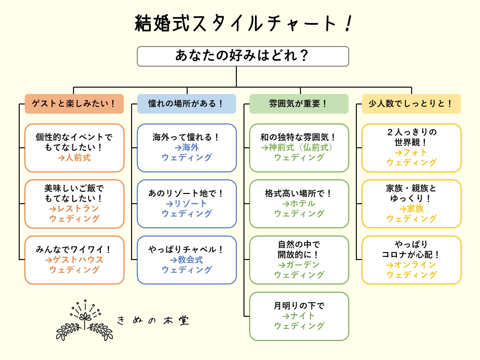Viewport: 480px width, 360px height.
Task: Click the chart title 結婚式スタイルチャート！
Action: click(243, 23)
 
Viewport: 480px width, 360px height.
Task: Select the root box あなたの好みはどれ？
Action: click(243, 56)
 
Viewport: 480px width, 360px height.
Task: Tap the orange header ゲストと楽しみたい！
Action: click(74, 104)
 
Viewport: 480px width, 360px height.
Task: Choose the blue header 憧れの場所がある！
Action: click(186, 104)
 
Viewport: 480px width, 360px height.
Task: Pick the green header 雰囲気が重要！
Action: click(299, 104)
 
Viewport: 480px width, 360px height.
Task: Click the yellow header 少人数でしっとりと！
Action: click(411, 104)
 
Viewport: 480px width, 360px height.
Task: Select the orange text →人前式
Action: click(74, 158)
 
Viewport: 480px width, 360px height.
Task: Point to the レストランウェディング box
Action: click(74, 204)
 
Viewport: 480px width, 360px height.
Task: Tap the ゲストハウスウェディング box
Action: click(74, 260)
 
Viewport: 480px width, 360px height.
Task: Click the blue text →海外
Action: click(187, 147)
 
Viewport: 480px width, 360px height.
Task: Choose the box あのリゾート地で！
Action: click(187, 204)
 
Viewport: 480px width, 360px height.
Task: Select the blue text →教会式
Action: click(187, 260)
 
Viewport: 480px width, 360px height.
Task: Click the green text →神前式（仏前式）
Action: click(297, 147)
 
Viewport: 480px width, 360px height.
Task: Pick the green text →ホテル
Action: click(299, 203)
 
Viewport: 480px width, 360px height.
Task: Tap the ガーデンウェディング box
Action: click(299, 260)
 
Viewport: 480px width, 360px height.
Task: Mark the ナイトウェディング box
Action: click(299, 316)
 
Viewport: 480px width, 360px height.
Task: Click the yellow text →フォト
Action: click(411, 153)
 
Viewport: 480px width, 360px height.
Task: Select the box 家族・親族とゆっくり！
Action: click(411, 204)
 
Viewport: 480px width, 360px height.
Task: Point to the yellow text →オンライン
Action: click(411, 265)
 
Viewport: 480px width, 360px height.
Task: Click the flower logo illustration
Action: click(84, 321)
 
